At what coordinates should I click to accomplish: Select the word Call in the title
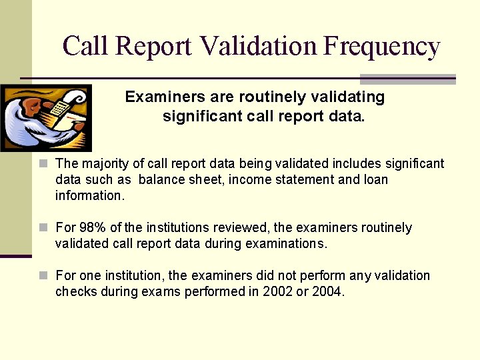[86, 46]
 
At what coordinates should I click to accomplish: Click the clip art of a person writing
[45, 118]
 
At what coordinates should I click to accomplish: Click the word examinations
[287, 244]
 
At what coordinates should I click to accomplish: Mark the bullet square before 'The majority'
[43, 163]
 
